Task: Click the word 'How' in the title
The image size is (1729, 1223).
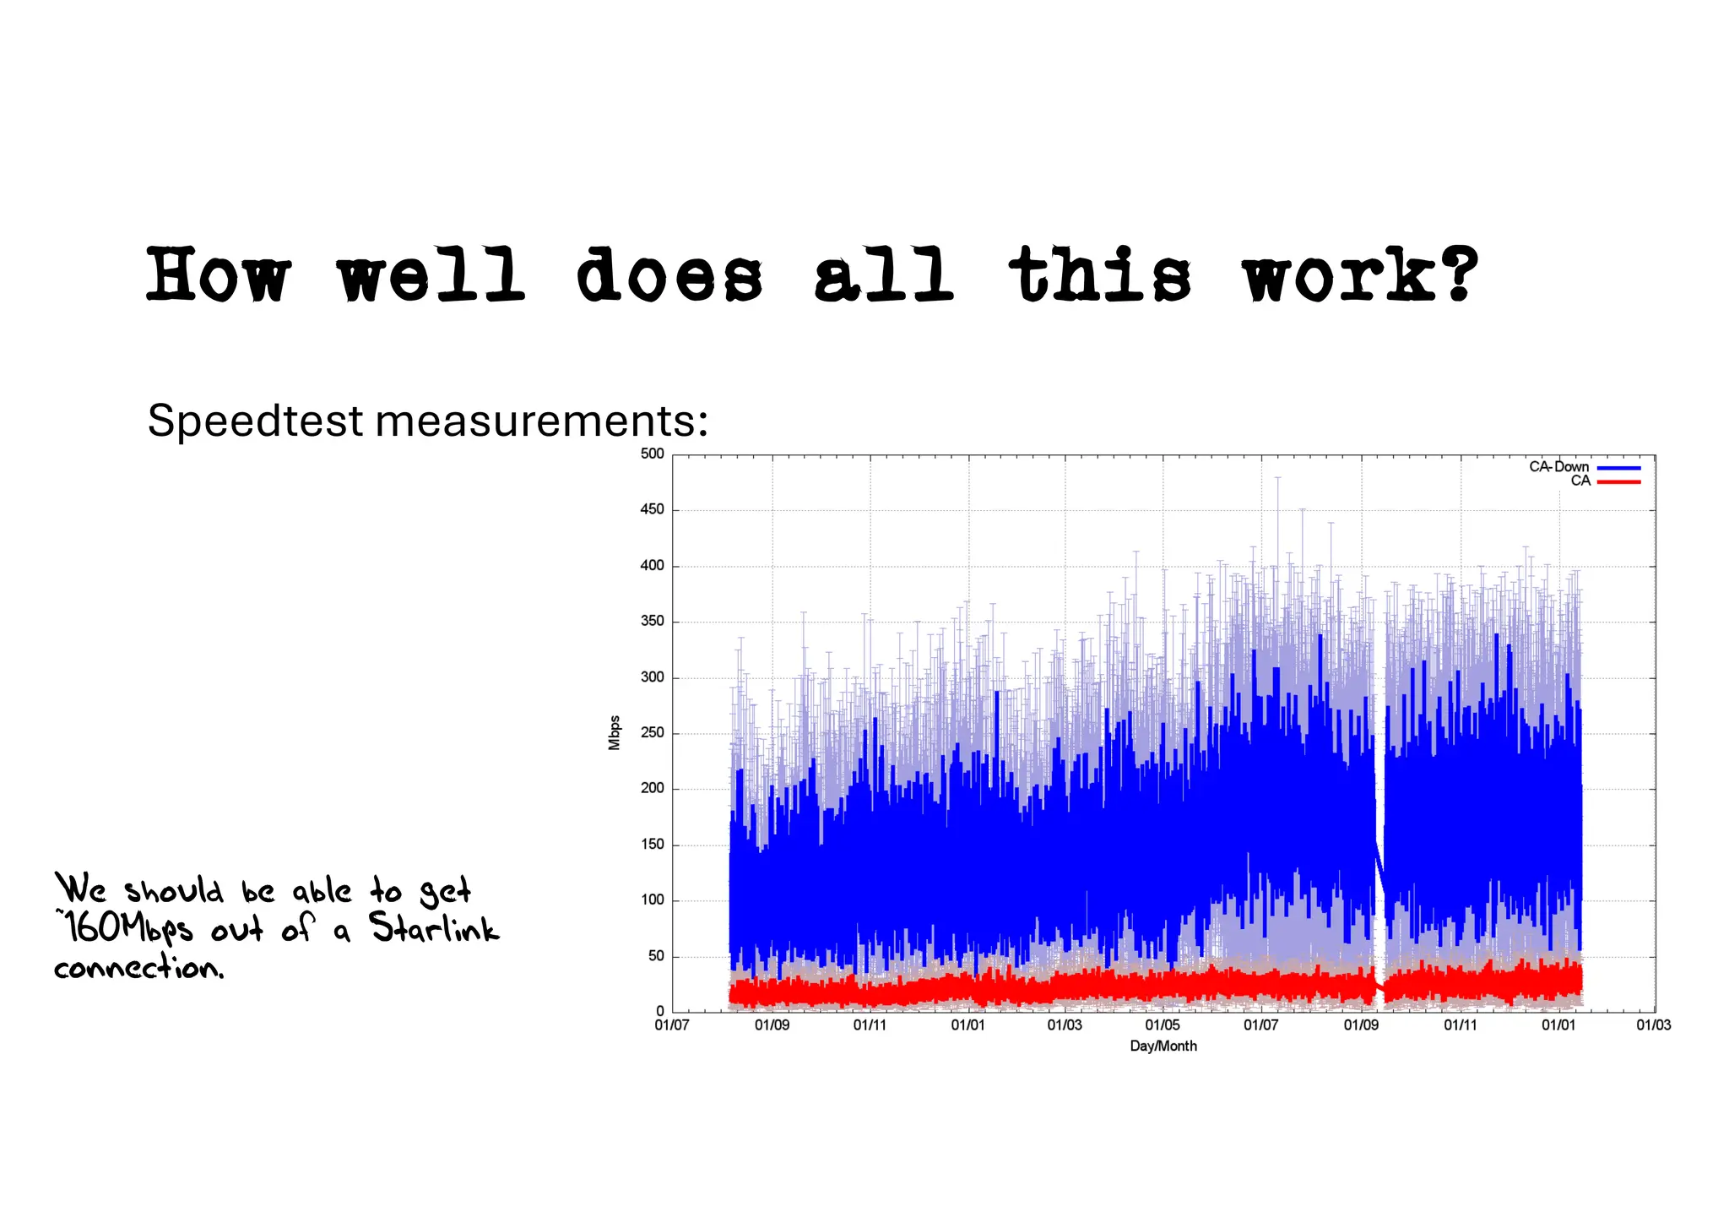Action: click(218, 274)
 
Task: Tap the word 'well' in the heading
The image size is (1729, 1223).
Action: click(431, 274)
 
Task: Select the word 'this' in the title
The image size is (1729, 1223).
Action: click(1099, 274)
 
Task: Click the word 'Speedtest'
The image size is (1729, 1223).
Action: click(255, 421)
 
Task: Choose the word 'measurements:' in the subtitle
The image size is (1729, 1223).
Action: click(541, 421)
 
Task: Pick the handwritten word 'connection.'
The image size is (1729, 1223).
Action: click(139, 967)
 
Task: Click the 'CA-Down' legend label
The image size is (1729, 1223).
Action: click(1558, 467)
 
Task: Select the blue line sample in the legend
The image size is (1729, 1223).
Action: click(1618, 468)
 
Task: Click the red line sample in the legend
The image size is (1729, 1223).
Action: click(1618, 481)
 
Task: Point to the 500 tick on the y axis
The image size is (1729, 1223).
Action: click(653, 454)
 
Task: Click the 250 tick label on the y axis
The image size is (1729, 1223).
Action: click(653, 733)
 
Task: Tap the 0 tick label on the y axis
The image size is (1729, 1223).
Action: click(660, 1011)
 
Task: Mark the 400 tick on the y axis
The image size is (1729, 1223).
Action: click(653, 566)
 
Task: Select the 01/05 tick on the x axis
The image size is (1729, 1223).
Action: click(1163, 1025)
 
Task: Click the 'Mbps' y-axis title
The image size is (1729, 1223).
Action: click(615, 733)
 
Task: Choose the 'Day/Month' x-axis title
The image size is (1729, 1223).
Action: click(1163, 1046)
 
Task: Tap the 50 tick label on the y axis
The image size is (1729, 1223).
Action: click(656, 956)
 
